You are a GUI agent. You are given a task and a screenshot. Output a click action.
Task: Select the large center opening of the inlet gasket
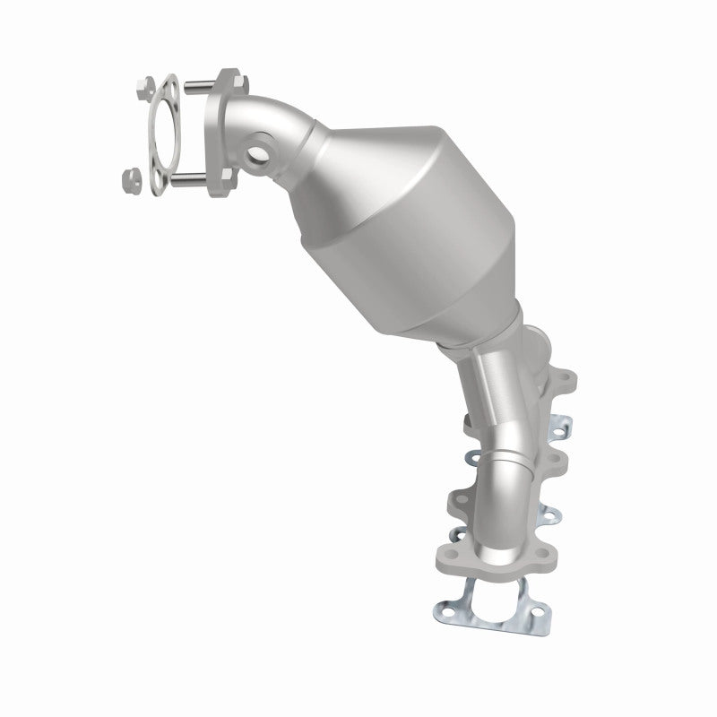click(x=163, y=134)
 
